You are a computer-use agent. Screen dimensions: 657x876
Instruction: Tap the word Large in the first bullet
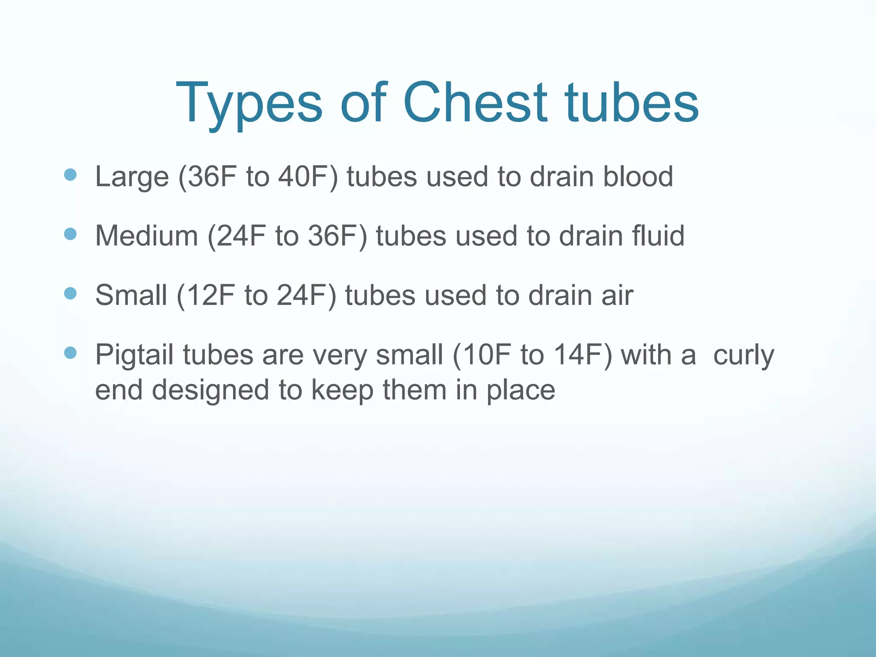click(132, 177)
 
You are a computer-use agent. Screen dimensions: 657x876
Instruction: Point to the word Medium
click(146, 236)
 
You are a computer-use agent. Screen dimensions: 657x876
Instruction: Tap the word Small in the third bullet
click(131, 295)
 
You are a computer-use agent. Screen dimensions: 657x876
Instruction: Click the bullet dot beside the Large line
click(70, 175)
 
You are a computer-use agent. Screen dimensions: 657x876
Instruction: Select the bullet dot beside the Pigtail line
click(70, 353)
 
